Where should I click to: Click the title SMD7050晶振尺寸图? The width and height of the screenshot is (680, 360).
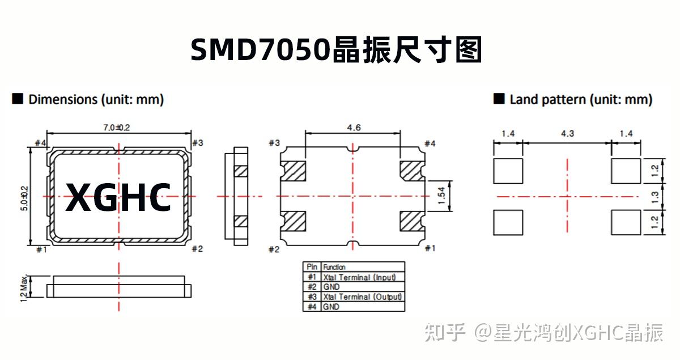336,50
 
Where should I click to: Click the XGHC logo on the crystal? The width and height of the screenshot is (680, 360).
118,197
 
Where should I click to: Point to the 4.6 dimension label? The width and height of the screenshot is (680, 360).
353,128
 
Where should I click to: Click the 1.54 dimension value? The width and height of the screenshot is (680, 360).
442,196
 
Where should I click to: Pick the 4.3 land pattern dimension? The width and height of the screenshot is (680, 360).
567,134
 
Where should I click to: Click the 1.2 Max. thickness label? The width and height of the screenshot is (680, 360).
24,287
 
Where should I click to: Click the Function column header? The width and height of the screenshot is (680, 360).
334,267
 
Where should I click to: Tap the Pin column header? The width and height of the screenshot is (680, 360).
312,267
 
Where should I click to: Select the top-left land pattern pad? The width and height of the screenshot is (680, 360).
508,171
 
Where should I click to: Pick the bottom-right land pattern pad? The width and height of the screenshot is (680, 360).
626,222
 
